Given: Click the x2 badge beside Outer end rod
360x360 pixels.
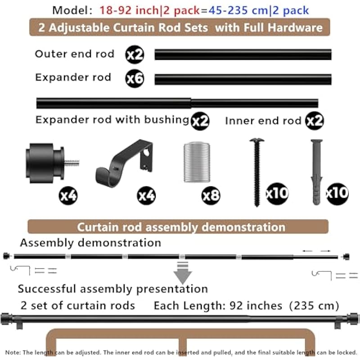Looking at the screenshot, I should click(x=135, y=54).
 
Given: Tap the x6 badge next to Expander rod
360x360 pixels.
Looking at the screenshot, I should click(x=135, y=79).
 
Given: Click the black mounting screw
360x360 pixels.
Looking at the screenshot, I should click(x=257, y=171).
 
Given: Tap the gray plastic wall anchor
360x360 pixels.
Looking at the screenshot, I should click(x=317, y=169).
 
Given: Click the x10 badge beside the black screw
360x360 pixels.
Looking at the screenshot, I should click(x=277, y=193).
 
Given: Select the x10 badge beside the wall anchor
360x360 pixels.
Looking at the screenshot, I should click(x=337, y=193).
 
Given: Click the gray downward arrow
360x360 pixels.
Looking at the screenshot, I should click(x=183, y=272).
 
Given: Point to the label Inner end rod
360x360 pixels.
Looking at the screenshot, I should click(x=263, y=121).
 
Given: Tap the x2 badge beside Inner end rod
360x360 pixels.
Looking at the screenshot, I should click(x=315, y=121).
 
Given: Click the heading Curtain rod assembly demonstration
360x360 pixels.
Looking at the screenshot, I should click(x=181, y=227).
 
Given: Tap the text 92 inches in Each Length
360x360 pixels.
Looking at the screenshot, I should click(x=256, y=306).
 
